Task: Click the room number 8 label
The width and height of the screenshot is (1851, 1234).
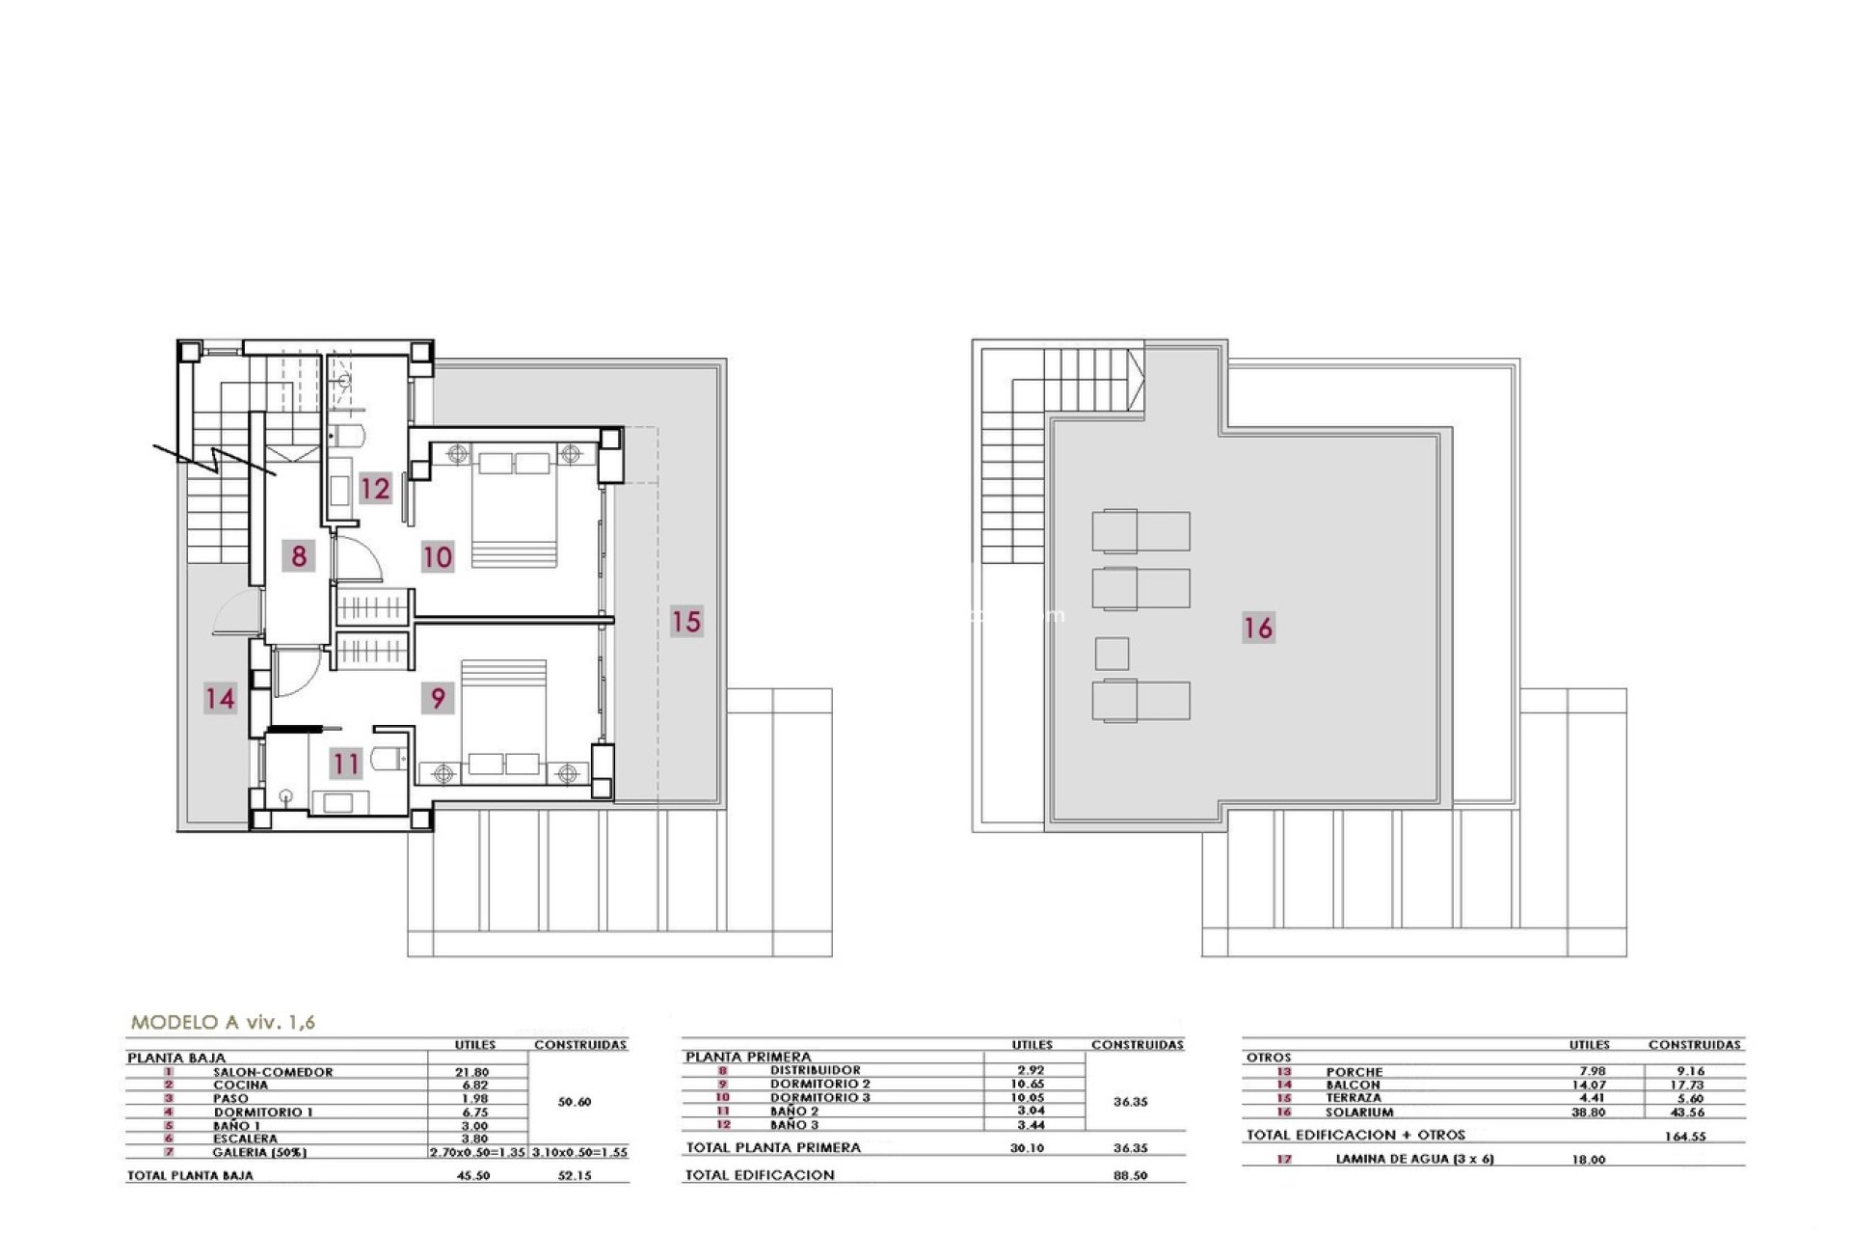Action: [299, 555]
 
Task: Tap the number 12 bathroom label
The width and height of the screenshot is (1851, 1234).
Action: [375, 488]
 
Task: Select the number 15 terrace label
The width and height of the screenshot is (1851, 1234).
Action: [686, 621]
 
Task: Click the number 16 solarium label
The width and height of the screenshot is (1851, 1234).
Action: [1258, 628]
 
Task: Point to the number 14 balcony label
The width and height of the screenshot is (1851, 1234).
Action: [220, 697]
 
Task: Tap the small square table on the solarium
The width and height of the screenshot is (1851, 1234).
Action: [1112, 654]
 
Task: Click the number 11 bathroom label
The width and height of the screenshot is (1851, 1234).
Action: [346, 764]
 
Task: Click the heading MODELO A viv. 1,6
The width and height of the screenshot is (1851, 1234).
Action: [223, 1023]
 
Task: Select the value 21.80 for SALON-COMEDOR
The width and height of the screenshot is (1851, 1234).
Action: [471, 1072]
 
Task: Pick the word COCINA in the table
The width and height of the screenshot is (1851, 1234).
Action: [241, 1086]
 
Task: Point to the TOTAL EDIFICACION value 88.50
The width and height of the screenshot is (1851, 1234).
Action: [1129, 1176]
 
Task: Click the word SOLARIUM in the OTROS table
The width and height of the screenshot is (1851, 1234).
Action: [1359, 1112]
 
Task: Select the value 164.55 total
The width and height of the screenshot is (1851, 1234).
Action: [1685, 1137]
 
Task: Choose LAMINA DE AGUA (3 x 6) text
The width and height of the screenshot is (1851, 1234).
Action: [1414, 1159]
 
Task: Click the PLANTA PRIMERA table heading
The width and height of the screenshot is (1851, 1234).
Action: [748, 1057]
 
